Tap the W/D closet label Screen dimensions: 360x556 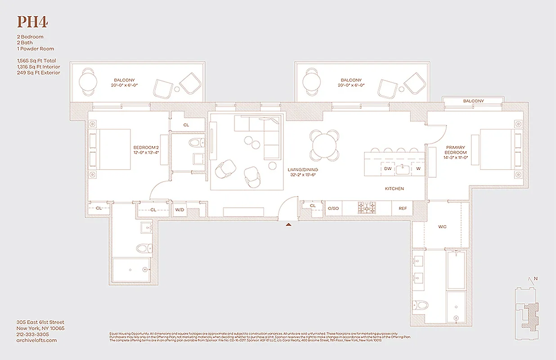179,210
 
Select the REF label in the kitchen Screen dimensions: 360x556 402,208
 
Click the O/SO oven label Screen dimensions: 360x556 333,208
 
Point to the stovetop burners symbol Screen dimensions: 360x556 367,208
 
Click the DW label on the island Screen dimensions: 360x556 388,169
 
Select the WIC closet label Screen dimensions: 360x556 442,227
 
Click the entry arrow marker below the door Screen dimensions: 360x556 289,223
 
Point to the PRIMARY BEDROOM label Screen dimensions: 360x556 456,150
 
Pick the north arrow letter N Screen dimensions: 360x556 536,279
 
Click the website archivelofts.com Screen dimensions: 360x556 36,341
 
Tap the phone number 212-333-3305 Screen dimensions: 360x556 32,334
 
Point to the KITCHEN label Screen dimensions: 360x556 394,189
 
